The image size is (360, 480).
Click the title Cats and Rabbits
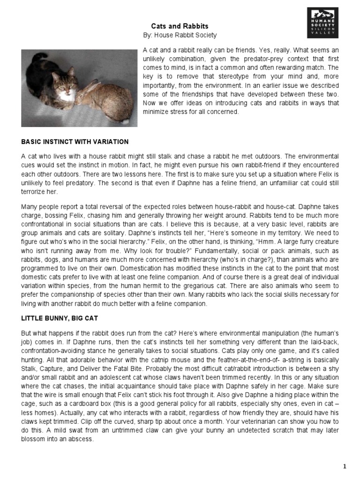(180, 27)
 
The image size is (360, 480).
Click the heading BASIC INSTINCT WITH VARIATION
(75, 142)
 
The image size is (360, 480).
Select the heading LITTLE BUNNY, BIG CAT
(59, 318)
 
